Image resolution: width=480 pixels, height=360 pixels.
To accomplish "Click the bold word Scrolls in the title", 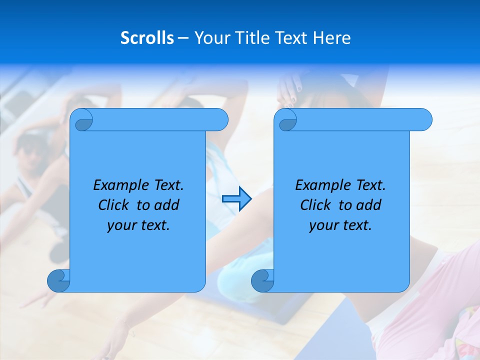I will click(147, 37).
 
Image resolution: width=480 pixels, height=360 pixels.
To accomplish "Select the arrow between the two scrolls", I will click(236, 199).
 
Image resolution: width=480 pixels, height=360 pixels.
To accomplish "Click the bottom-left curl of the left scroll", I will click(58, 281).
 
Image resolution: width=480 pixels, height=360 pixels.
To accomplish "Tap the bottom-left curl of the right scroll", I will click(262, 281).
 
